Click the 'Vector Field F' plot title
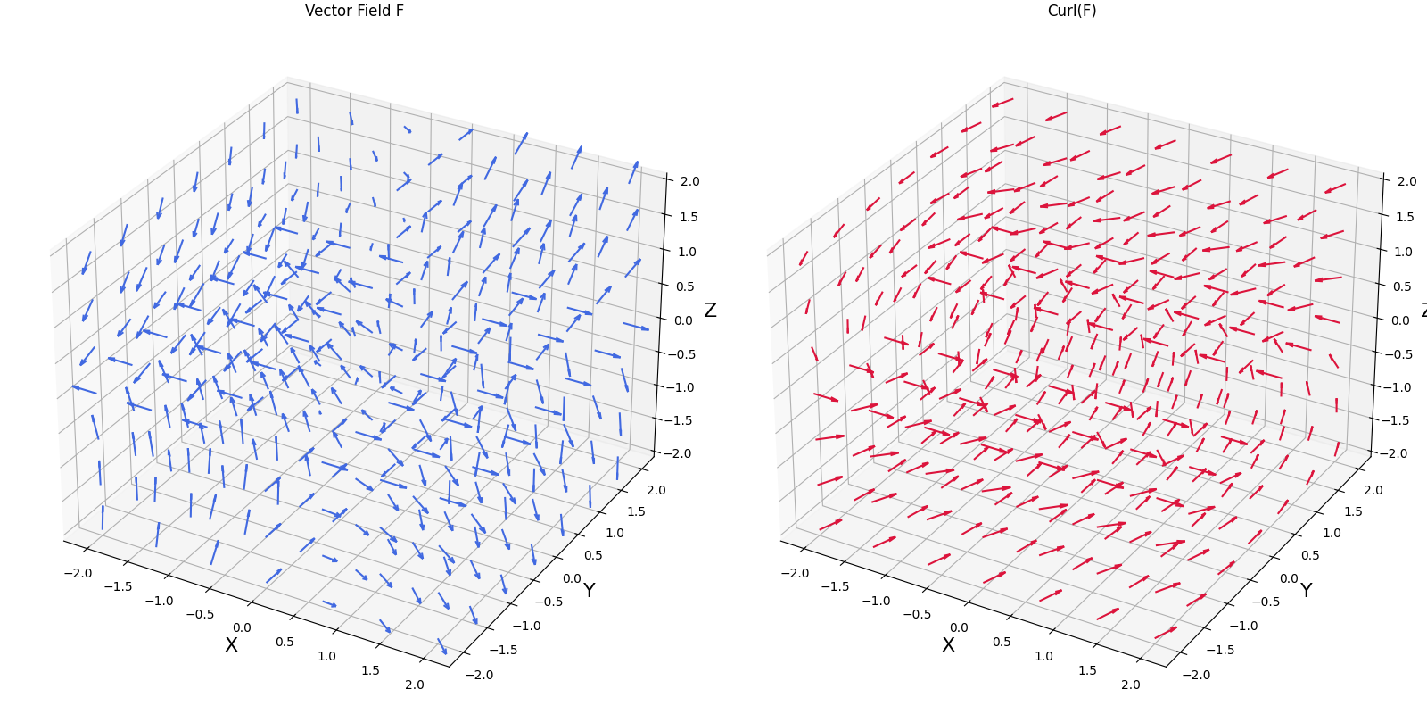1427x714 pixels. click(354, 11)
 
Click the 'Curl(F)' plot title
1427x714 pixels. click(1071, 11)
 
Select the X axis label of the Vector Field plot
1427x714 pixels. click(231, 645)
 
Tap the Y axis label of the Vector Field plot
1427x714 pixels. click(589, 591)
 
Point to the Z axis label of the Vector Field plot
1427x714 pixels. click(710, 311)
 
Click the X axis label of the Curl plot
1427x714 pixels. click(948, 645)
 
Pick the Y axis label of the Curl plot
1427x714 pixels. click(1306, 591)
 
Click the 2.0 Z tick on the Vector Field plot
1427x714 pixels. click(689, 181)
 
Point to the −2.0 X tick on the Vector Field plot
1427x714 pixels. click(78, 573)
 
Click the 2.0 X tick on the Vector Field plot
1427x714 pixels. click(414, 685)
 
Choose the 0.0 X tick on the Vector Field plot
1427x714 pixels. click(241, 628)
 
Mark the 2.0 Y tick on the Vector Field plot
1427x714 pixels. click(656, 490)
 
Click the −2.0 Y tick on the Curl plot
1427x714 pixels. click(1196, 675)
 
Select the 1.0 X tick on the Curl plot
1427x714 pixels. click(1043, 656)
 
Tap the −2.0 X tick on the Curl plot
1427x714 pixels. click(795, 573)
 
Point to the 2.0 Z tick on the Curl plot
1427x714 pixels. click(1406, 181)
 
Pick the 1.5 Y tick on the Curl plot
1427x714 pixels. click(1353, 511)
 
